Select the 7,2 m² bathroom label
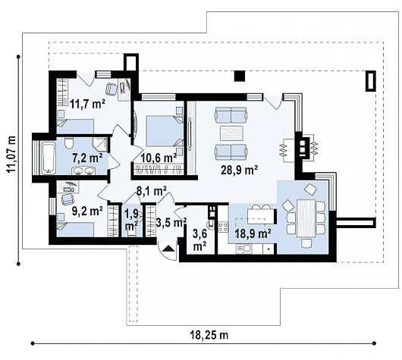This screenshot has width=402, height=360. tap(86, 158)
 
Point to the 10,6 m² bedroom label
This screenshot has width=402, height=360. tap(159, 157)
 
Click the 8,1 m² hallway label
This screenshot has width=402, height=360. tap(151, 193)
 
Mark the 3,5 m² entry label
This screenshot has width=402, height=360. tap(170, 223)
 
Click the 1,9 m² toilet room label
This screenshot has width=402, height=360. tap(132, 220)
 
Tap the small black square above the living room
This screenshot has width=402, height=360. tap(240, 74)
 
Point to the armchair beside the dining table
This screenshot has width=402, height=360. tap(310, 189)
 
